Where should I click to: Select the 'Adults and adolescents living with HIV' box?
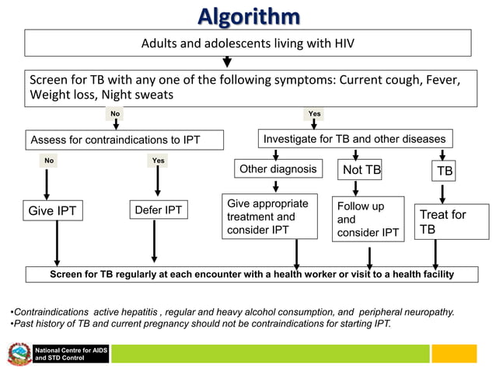247,43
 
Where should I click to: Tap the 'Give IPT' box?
52,211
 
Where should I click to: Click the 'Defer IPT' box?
158,210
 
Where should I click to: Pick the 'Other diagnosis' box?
278,169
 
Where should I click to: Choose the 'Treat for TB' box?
442,222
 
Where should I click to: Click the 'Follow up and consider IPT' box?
368,220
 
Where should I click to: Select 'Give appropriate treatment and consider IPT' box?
270,217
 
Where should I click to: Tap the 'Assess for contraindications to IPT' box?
124,140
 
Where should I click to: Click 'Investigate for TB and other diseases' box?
355,139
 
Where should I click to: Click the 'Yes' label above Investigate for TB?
314,114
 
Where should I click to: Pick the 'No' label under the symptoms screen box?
115,114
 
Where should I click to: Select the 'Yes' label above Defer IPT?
158,161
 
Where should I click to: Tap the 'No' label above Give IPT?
49,161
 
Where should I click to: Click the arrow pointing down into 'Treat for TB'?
442,192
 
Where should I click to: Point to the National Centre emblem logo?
19,354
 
